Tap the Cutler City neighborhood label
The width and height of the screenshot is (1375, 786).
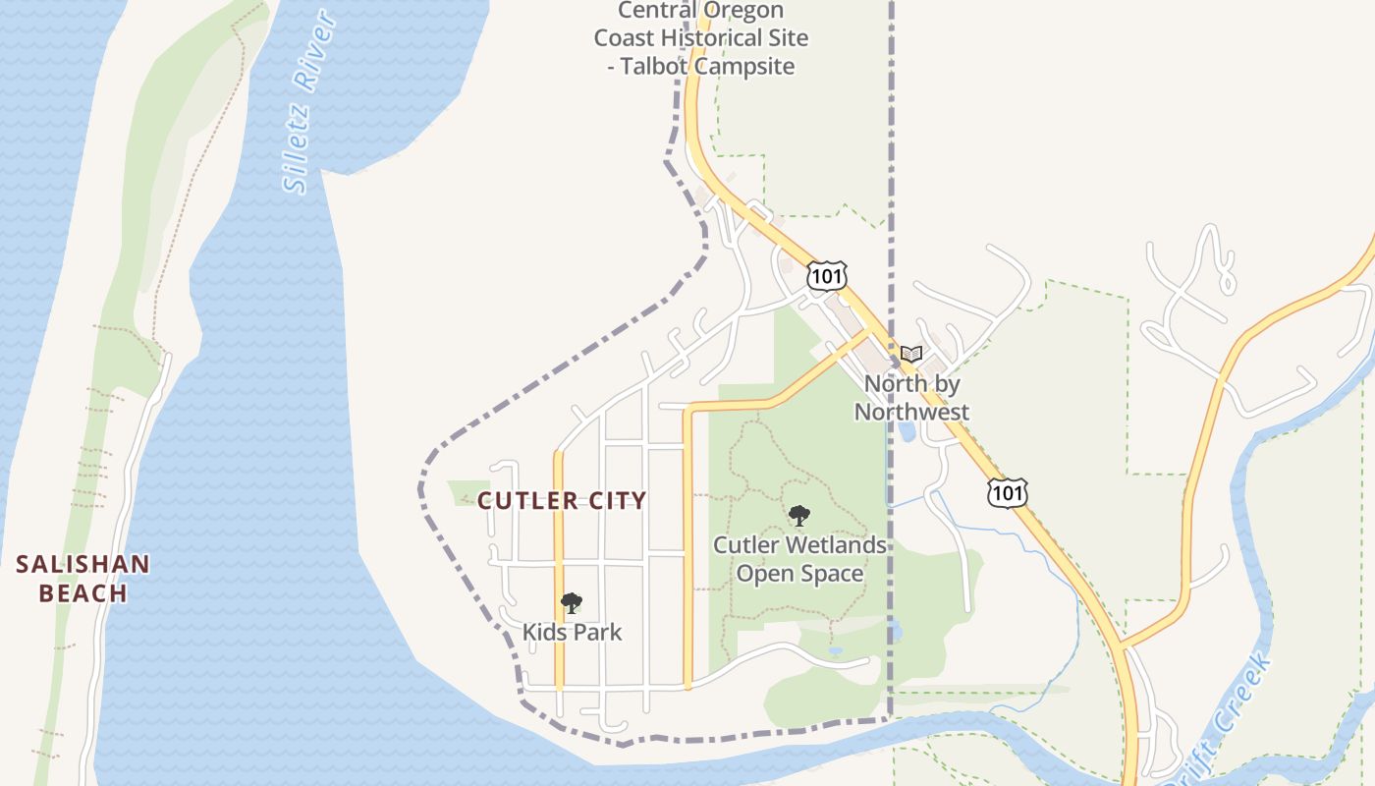point(562,501)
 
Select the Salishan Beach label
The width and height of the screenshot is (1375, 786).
point(83,579)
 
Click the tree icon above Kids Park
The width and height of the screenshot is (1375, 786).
point(572,603)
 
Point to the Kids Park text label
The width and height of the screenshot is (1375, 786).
point(572,632)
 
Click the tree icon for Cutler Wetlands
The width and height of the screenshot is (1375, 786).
point(799,515)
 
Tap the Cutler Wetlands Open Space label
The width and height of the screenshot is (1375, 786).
point(799,559)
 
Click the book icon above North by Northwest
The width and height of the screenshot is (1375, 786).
point(911,354)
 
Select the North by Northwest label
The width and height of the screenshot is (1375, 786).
point(911,398)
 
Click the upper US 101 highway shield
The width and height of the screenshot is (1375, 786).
point(827,276)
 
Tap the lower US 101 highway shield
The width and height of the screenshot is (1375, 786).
point(1009,491)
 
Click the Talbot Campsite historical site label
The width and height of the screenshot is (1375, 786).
point(701,39)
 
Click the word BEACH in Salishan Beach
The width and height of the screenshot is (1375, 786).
point(83,593)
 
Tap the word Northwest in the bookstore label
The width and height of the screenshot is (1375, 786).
point(911,412)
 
